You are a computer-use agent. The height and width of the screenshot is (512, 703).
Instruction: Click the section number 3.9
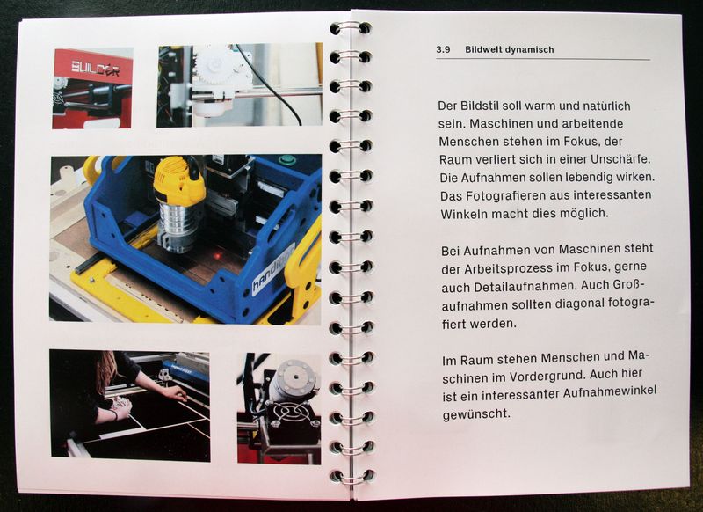click(443, 50)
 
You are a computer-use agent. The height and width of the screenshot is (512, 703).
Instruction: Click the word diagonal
click(579, 304)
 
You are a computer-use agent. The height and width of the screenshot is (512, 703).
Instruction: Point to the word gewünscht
click(476, 413)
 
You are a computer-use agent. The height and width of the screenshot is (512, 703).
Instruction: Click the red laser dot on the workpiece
click(217, 256)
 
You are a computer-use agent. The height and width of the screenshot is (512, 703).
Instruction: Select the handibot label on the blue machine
click(273, 270)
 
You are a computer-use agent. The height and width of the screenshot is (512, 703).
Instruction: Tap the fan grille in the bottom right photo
click(289, 413)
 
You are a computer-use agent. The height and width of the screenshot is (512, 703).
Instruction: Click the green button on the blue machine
click(287, 160)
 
